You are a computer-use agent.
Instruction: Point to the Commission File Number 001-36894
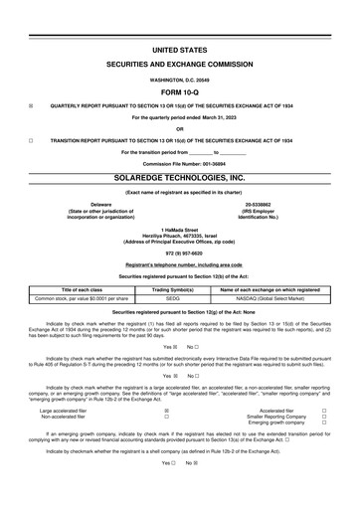pos(179,162)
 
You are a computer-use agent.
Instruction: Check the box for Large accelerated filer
pos(165,409)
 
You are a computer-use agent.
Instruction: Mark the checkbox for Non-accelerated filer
pos(165,416)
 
